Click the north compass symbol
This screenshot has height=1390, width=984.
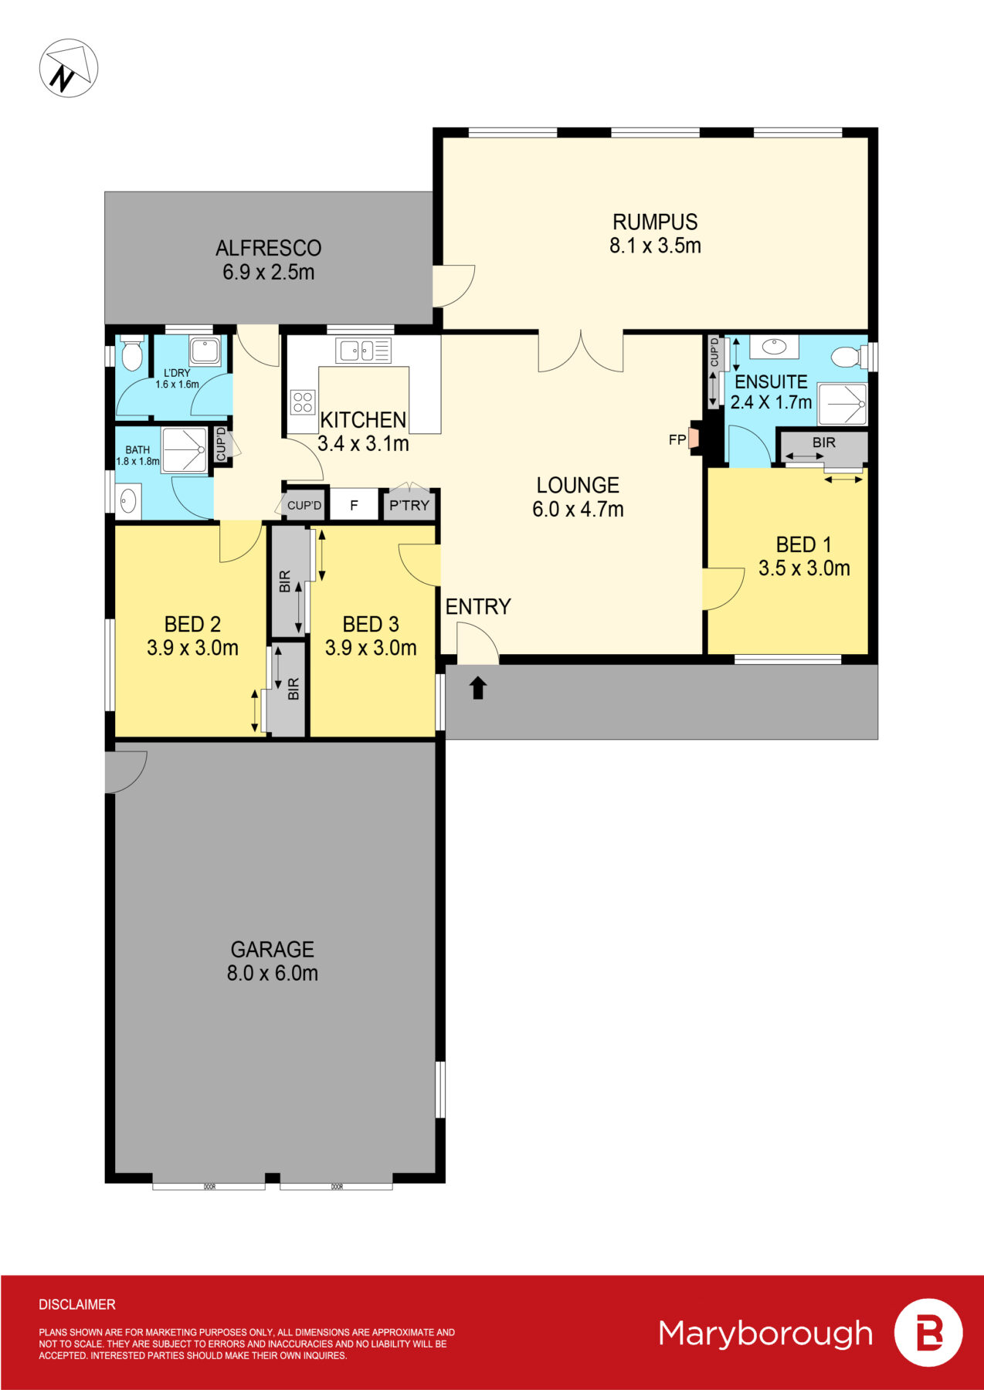point(68,68)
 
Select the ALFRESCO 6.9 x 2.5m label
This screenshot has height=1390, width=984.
point(268,259)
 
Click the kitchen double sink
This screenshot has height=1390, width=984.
point(363,351)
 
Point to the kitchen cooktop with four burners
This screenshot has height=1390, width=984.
point(302,402)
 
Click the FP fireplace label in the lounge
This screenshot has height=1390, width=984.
point(677,440)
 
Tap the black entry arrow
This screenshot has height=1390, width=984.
point(478,687)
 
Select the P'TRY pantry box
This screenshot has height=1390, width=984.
point(409,505)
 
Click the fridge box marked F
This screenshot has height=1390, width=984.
point(355,505)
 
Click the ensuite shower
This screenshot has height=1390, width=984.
point(843,403)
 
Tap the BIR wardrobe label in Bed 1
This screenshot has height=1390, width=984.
point(823,443)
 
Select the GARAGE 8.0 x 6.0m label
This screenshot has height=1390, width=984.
point(273,961)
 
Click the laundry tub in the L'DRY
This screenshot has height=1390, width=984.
point(205,351)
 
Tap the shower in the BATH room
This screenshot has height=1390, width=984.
point(184,449)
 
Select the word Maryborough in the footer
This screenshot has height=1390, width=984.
point(765,1334)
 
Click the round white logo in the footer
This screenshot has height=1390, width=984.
point(928,1333)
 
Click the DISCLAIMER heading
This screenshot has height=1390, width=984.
point(77,1304)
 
